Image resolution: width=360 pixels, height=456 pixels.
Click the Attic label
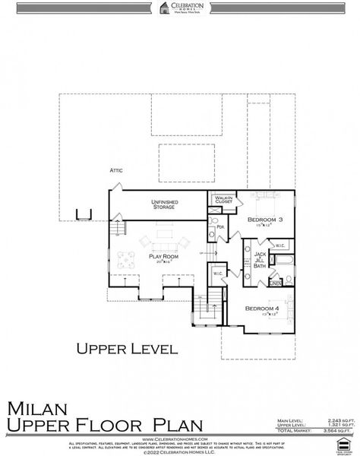(116, 170)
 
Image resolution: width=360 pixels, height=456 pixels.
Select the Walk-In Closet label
(223, 200)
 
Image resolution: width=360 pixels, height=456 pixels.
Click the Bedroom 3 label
(265, 220)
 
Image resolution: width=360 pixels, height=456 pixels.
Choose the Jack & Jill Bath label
(260, 260)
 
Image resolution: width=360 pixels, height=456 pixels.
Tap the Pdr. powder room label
(219, 226)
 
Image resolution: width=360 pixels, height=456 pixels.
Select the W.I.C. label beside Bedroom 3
(279, 245)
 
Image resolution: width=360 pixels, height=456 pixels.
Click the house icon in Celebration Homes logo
(164, 8)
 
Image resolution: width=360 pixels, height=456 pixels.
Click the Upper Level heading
(127, 350)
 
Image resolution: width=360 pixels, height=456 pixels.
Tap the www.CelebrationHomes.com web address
(179, 439)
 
